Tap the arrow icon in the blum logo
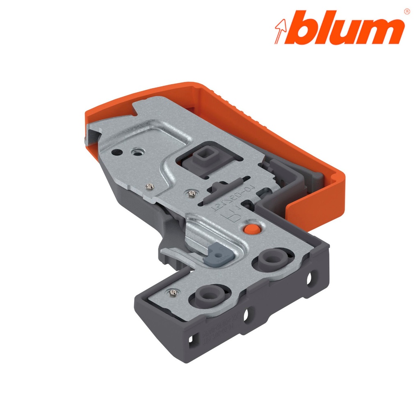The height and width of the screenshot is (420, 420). click(281, 30)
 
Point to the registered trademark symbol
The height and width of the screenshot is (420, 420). click(406, 11)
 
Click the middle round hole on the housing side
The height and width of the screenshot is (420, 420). click(247, 315)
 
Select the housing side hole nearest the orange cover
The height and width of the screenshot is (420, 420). click(308, 278)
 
